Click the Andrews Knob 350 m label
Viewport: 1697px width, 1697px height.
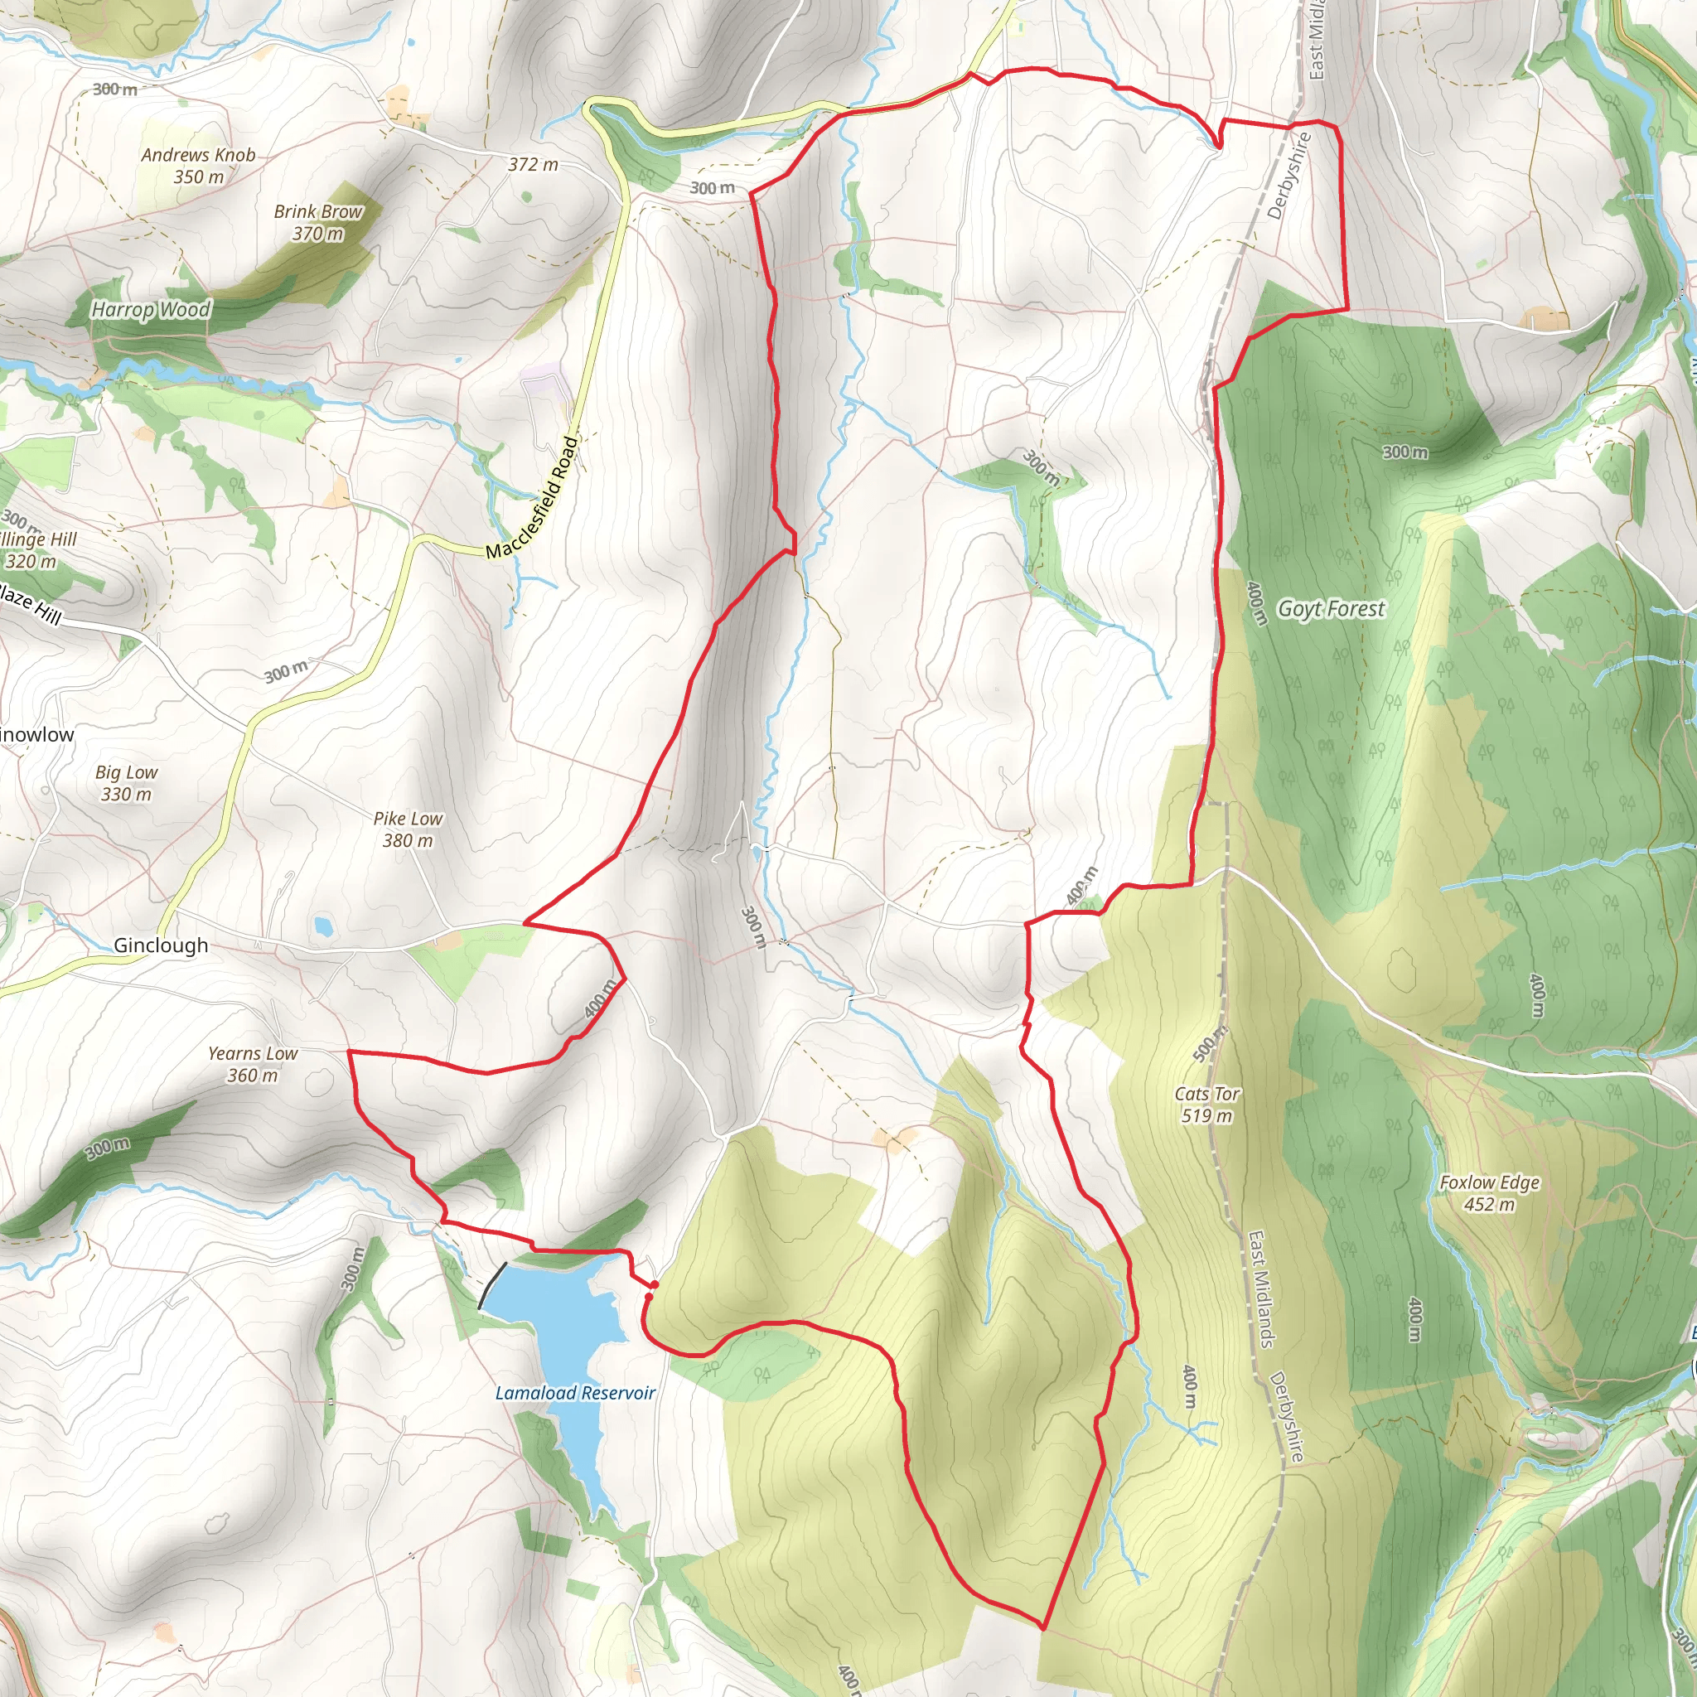pos(199,166)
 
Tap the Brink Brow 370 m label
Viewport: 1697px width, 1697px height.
pos(318,222)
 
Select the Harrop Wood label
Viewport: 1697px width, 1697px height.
pos(151,309)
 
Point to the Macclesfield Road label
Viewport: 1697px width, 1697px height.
pos(533,498)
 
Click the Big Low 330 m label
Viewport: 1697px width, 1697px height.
pos(127,782)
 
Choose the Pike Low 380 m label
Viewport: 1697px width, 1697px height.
pos(408,829)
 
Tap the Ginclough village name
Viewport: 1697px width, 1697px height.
pos(161,945)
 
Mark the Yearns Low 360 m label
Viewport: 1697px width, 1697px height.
pos(253,1064)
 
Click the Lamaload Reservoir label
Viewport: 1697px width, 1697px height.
pos(575,1392)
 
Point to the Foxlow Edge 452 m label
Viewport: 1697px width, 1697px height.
pos(1489,1193)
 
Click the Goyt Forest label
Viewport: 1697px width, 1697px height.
pos(1331,609)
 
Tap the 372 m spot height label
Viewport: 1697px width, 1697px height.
pos(533,164)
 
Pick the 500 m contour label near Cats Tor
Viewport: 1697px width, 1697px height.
pos(1211,1043)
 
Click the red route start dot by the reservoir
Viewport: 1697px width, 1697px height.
pos(655,1285)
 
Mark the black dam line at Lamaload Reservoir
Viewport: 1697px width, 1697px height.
pos(492,1286)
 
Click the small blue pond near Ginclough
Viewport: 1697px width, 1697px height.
pos(323,925)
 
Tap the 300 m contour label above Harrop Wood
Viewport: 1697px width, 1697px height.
pos(115,89)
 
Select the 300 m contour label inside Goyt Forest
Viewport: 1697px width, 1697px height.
pos(1404,452)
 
